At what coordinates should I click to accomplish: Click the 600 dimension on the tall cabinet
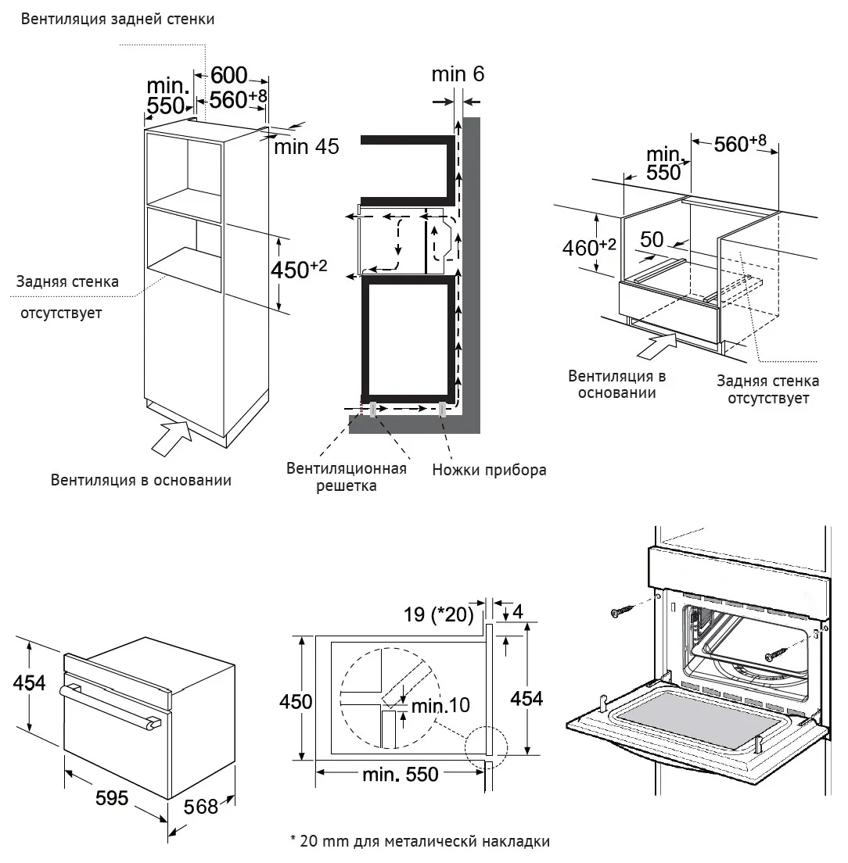click(x=229, y=75)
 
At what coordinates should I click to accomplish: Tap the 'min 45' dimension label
click(x=306, y=146)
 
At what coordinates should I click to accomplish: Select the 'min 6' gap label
click(x=458, y=73)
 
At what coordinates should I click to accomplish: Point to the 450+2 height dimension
click(x=299, y=270)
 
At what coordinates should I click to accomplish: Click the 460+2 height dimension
click(x=588, y=247)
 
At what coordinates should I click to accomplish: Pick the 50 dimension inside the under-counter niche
click(x=652, y=239)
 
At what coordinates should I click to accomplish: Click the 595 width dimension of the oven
click(x=111, y=797)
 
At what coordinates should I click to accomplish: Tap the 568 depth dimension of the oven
click(x=200, y=806)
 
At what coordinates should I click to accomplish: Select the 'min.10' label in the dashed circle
click(x=440, y=705)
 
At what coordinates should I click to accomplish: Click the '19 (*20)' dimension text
click(x=438, y=614)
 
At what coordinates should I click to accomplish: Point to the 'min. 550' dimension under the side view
click(x=401, y=775)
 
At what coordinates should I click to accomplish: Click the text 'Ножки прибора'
click(x=489, y=470)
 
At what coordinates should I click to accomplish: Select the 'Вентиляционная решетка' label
click(x=347, y=477)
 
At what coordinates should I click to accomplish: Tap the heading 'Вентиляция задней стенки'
click(x=117, y=20)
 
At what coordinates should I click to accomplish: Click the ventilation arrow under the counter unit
click(x=656, y=346)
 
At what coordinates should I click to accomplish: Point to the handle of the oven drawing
click(x=110, y=705)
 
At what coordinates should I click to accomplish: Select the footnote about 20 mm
click(x=419, y=842)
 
